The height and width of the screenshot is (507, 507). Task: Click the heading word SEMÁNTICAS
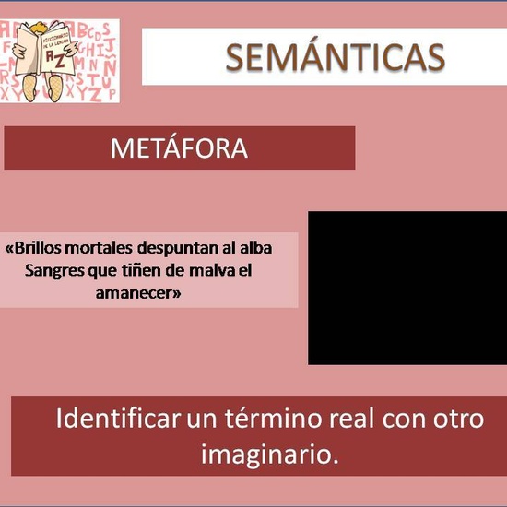(x=335, y=57)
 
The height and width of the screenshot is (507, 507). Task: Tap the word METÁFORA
(x=179, y=148)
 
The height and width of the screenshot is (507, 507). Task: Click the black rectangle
(x=407, y=288)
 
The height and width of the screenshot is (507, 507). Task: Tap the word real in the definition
(x=354, y=419)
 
